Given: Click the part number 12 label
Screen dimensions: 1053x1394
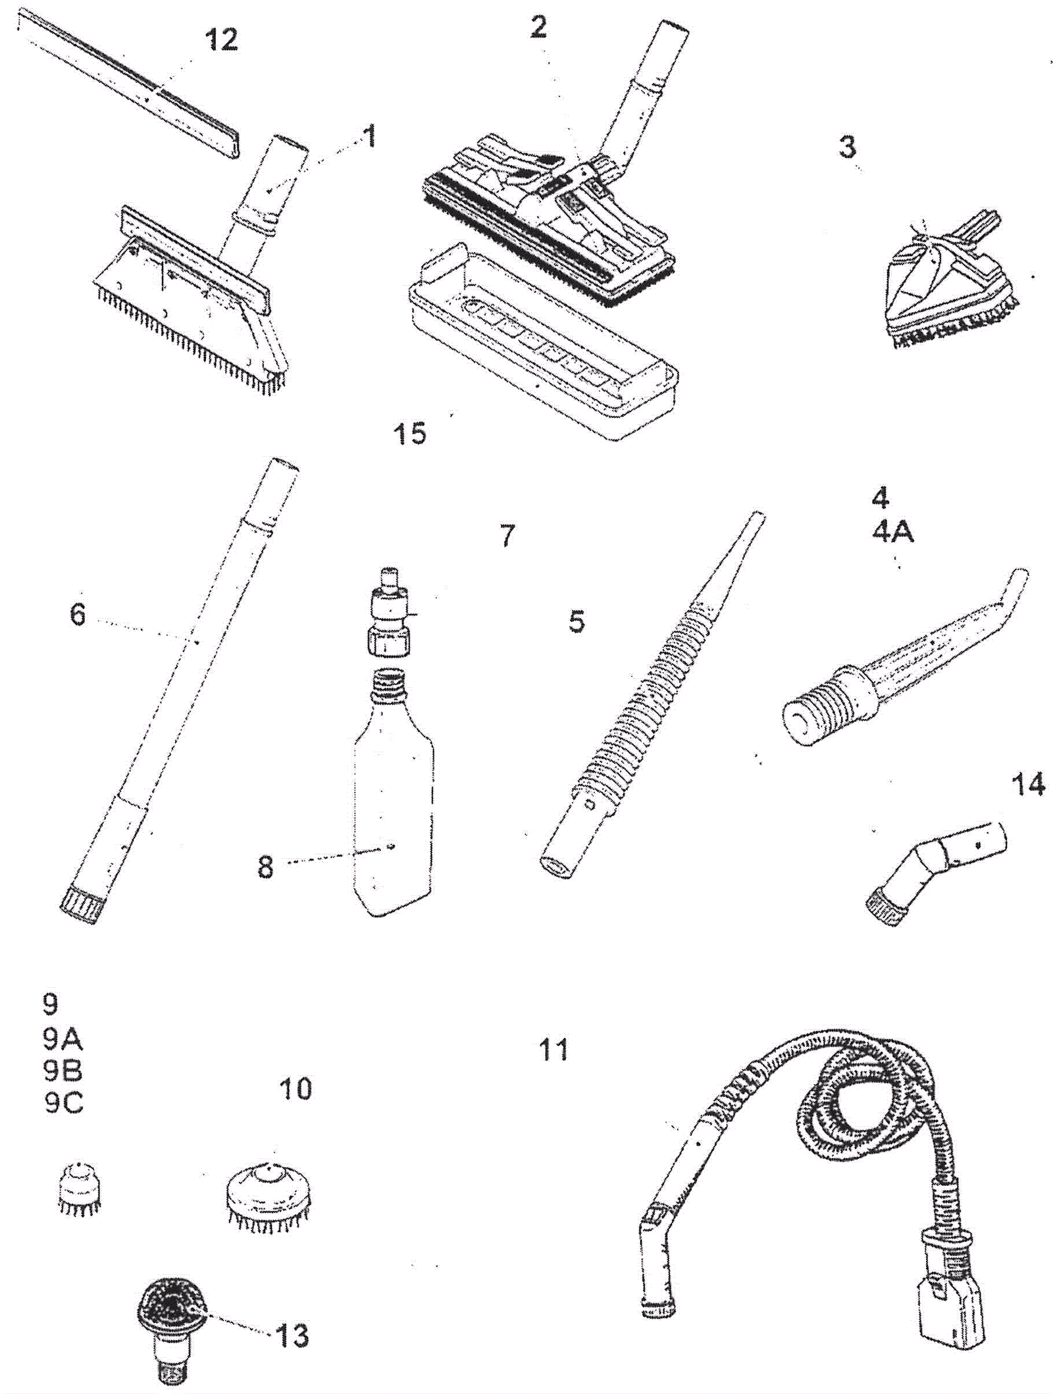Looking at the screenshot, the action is click(222, 40).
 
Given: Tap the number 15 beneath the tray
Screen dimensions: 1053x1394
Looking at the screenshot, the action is click(410, 434).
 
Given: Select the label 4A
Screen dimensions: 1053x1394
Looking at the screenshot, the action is click(893, 531).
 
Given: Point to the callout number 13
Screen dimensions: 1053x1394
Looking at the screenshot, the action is click(292, 1335).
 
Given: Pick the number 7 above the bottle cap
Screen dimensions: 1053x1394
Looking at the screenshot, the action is click(507, 536).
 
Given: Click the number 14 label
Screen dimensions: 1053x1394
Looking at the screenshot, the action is click(1028, 785).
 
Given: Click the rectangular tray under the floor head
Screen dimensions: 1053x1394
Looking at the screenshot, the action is click(544, 342).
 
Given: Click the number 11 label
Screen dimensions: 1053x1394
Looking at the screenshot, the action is click(553, 1050).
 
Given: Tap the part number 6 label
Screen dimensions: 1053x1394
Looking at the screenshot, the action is click(78, 615).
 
